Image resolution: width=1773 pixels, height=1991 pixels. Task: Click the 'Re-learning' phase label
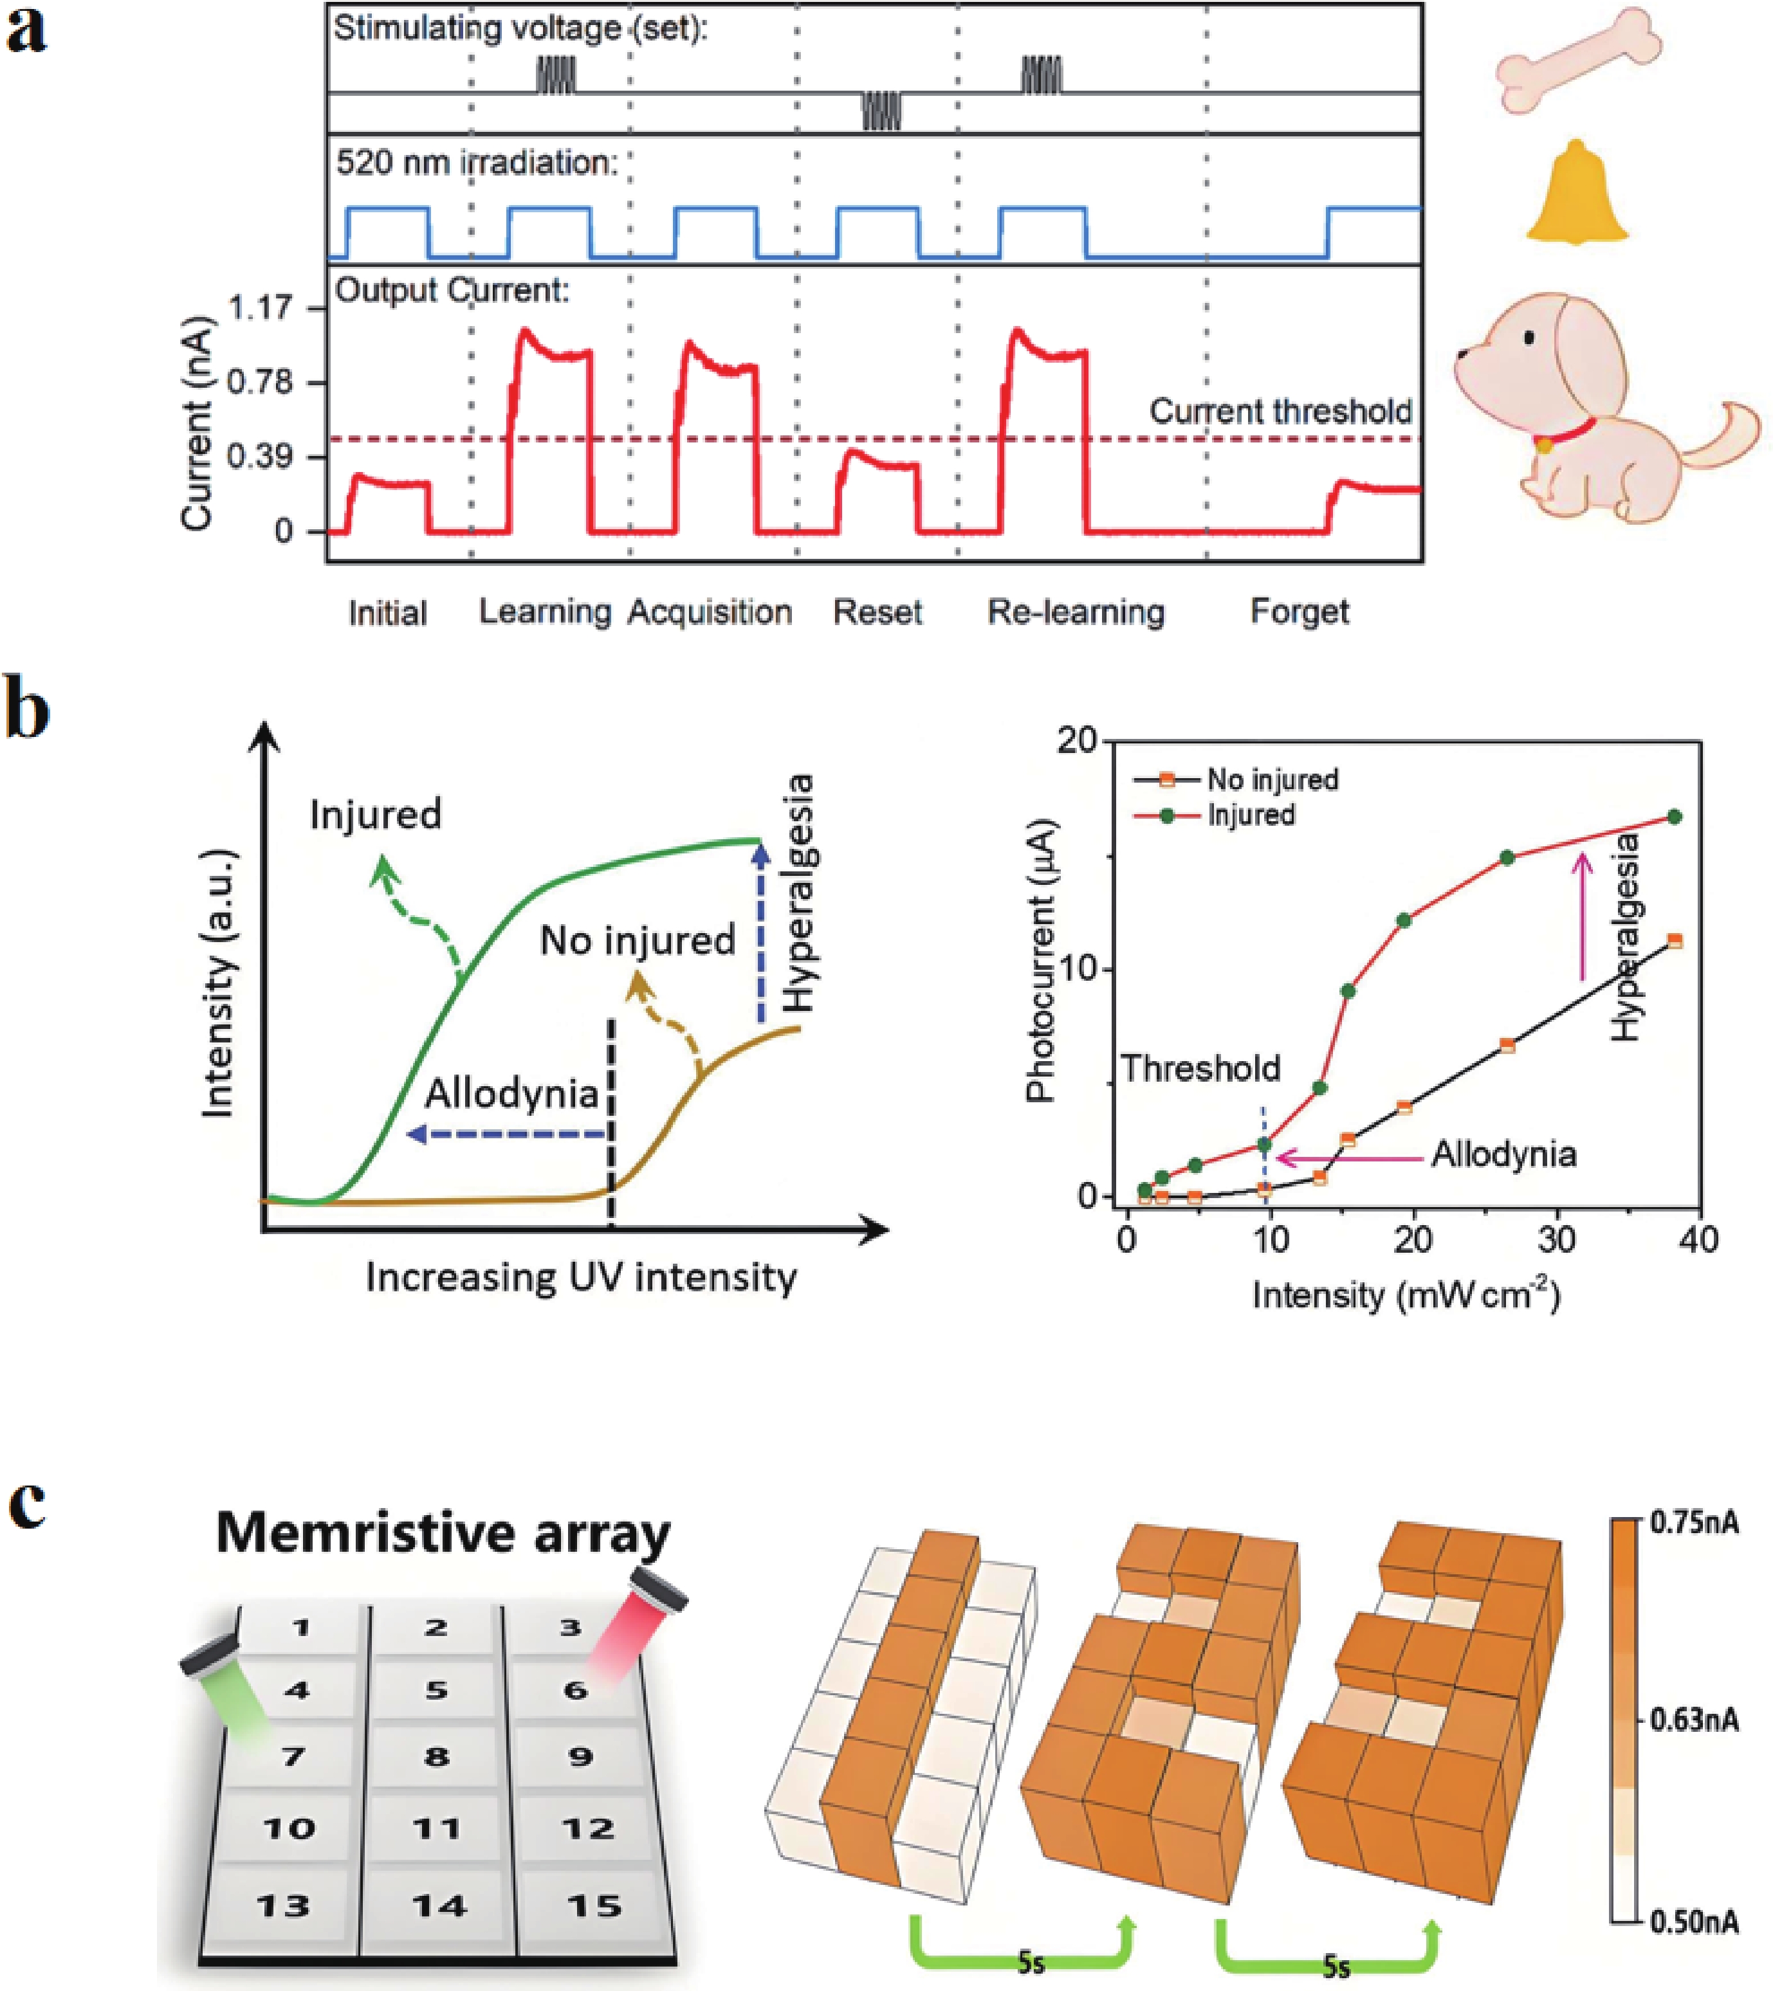point(1076,613)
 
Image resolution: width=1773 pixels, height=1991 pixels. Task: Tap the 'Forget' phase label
point(1300,613)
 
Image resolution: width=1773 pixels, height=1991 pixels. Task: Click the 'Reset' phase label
point(877,613)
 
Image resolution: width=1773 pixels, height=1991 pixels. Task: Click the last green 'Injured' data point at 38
point(1675,816)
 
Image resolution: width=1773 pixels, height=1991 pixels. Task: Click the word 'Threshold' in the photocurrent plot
point(1200,1069)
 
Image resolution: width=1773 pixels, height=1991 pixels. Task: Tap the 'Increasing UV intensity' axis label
point(581,1276)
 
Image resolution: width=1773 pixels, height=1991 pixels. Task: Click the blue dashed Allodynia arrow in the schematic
point(506,1133)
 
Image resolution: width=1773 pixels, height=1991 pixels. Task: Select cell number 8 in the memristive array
point(436,1756)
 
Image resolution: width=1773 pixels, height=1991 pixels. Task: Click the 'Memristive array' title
point(443,1532)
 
